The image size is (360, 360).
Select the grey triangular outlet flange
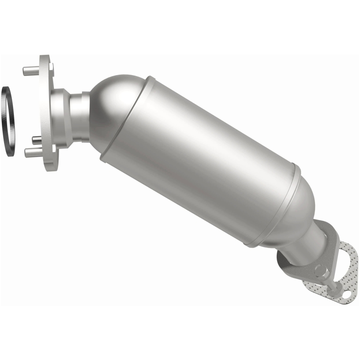point(310,270)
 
